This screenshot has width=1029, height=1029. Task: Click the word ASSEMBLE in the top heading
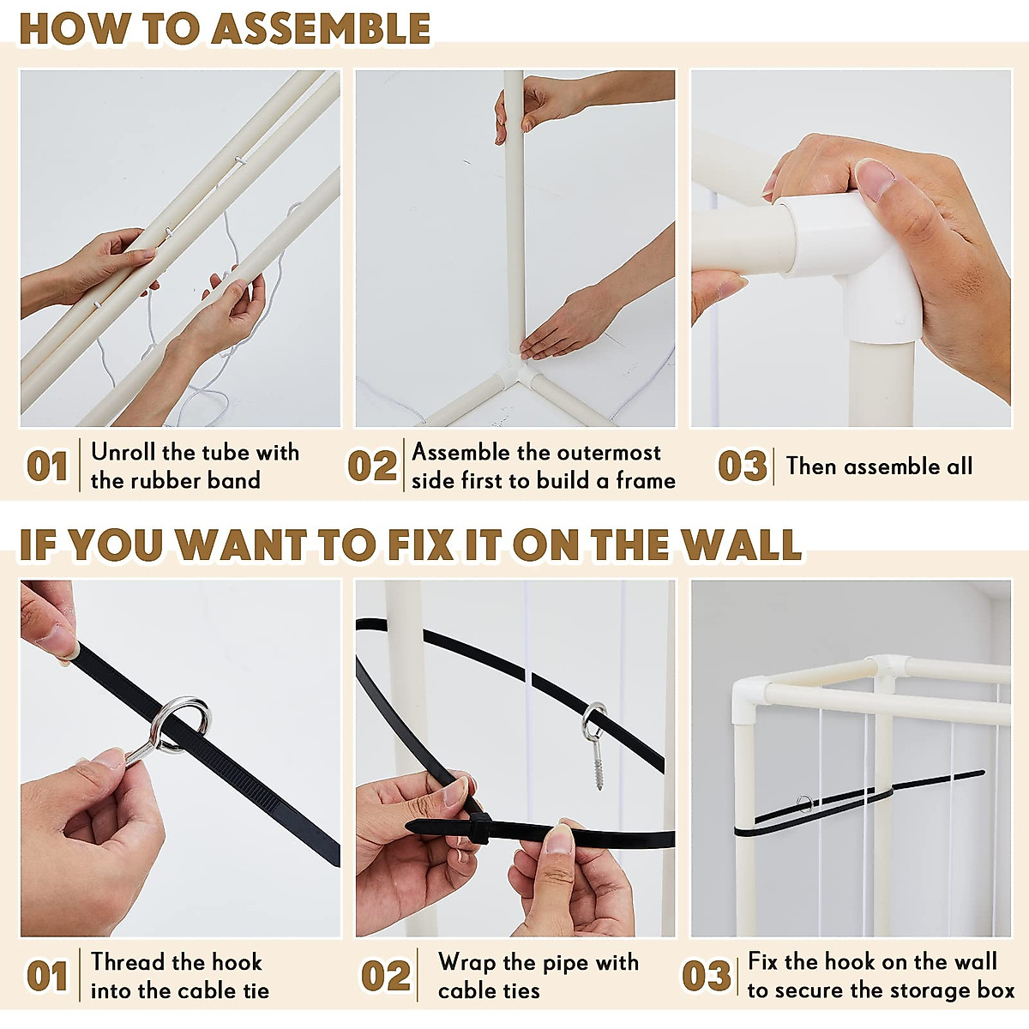[322, 28]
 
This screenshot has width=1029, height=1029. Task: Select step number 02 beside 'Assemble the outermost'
[372, 466]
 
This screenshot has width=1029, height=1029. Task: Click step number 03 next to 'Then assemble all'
[743, 466]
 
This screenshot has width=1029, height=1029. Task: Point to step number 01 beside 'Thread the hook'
[47, 976]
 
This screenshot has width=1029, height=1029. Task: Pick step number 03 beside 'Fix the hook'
[707, 976]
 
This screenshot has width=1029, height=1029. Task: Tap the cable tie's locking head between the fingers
[478, 827]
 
